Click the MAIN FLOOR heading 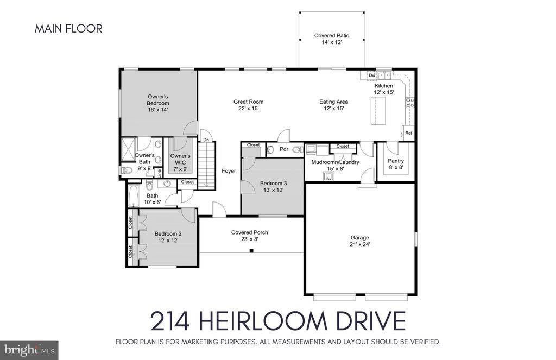[x=68, y=29]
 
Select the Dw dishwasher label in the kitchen [x=371, y=75]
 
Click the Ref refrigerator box [x=408, y=133]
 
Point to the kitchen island [x=378, y=111]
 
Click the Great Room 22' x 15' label [x=248, y=105]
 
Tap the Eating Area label [x=333, y=102]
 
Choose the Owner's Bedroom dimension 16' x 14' [x=157, y=110]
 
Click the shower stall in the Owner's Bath [x=128, y=150]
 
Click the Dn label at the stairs [x=206, y=140]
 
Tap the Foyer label [x=229, y=171]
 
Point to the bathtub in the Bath [x=134, y=195]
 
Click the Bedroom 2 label [x=168, y=233]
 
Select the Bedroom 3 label [x=274, y=184]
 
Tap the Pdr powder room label [x=283, y=149]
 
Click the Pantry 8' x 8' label [x=396, y=164]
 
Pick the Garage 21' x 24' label [x=360, y=241]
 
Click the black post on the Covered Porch [x=251, y=251]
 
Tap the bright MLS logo [x=29, y=350]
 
